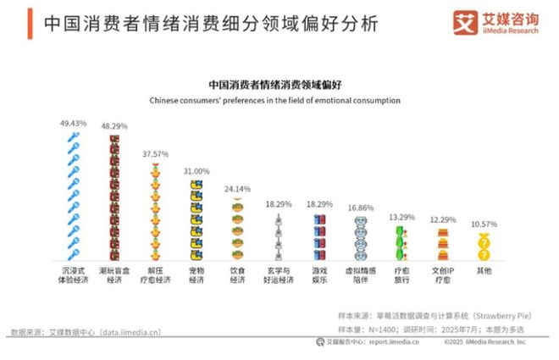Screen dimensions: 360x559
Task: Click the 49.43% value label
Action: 74,123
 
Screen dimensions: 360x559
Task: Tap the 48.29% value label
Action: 114,126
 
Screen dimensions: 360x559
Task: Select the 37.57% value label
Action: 155,154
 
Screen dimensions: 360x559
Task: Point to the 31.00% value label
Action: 196,171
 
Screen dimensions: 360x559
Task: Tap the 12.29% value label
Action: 440,219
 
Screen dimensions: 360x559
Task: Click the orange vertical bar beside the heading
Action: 29,23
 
